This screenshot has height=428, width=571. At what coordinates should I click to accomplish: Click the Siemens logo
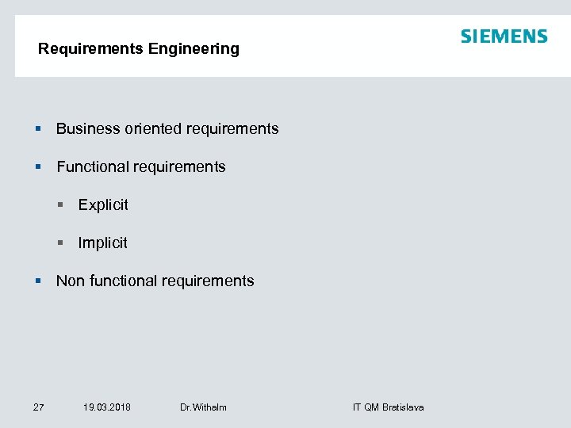click(504, 36)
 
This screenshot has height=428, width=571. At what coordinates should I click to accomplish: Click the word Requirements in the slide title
click(90, 49)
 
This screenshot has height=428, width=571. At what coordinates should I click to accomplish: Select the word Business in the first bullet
click(87, 128)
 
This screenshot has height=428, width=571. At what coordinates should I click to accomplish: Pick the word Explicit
click(103, 204)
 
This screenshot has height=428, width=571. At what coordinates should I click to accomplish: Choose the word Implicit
click(102, 243)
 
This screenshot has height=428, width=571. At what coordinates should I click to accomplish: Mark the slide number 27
click(38, 407)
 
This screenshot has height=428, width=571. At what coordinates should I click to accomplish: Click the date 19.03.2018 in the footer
click(107, 407)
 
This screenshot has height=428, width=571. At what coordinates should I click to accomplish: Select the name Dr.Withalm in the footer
click(203, 407)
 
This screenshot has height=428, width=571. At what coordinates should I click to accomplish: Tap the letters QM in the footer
click(371, 407)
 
